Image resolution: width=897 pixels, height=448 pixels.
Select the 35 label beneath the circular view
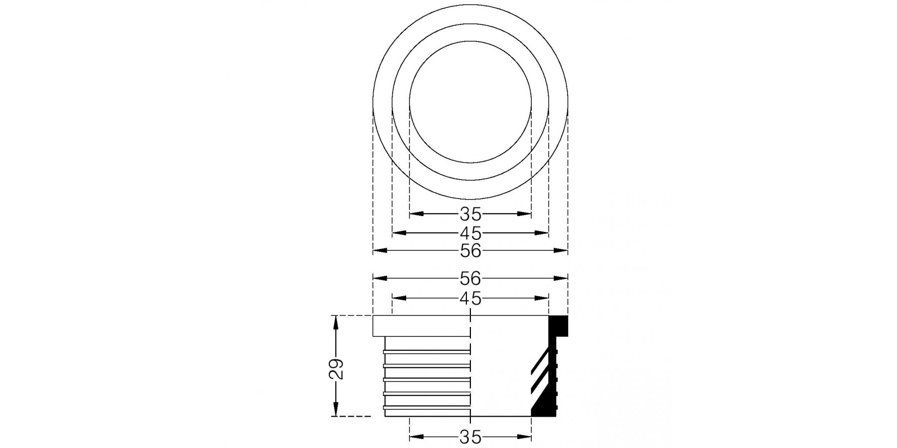click(470, 214)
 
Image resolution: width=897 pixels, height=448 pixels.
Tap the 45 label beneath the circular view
click(470, 232)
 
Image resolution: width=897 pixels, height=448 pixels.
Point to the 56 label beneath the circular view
click(470, 251)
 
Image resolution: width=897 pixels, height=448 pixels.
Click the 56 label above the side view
click(470, 278)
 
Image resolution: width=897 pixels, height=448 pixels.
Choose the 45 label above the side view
click(470, 298)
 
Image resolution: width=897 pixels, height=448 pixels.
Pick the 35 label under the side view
click(470, 437)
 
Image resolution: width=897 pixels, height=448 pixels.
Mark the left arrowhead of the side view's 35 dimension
click(417, 437)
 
